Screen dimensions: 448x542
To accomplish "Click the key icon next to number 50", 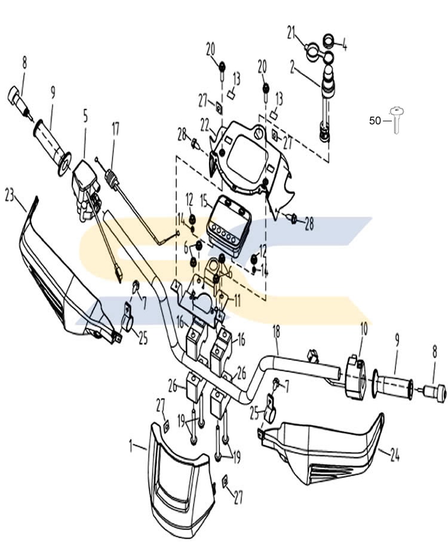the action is coord(397,120).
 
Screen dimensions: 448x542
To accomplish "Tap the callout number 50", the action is coord(375,121).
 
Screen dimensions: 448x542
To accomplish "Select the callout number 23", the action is coord(10,195).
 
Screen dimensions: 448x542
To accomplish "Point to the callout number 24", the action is coord(395,455).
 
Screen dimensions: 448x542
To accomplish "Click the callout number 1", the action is coord(131,446).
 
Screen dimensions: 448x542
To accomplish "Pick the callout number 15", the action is coord(204,200).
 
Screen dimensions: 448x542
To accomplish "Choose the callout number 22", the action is coord(204,125).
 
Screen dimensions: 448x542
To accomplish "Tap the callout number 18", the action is coord(277,332).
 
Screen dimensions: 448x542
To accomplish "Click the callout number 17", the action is coord(115,129).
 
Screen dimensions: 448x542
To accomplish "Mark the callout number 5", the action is coord(85,117).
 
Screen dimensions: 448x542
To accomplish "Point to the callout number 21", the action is coord(291,33).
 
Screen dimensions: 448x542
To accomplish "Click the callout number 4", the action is coord(344,45).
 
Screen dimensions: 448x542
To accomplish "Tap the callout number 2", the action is coord(293,68).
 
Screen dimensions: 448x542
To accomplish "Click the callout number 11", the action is coord(237,301).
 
